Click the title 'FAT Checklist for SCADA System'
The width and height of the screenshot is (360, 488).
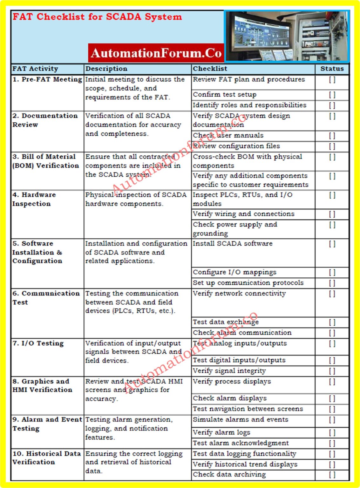tap(97, 17)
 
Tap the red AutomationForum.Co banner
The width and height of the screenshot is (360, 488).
tap(156, 53)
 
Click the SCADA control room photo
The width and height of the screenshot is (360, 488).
tap(287, 36)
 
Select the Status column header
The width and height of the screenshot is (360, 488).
tap(332, 69)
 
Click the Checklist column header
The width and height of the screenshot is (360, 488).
tap(210, 69)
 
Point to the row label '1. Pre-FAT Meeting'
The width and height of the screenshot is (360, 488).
tap(47, 79)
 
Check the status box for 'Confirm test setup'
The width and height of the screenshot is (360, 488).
tap(332, 95)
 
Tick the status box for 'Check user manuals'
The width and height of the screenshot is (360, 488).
tap(332, 136)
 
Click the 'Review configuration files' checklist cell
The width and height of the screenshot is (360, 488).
tap(236, 146)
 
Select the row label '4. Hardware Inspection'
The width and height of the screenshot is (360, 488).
tap(34, 199)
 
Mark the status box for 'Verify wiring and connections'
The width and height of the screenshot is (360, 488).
tap(332, 214)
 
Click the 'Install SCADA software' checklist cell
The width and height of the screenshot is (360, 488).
tap(233, 244)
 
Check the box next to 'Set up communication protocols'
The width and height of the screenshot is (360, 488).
tap(332, 283)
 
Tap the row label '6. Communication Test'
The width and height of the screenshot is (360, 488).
tap(46, 298)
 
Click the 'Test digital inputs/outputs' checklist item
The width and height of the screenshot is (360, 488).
tap(239, 360)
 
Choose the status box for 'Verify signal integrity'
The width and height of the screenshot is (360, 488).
tap(332, 371)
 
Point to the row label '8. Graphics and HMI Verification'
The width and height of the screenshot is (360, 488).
tap(42, 385)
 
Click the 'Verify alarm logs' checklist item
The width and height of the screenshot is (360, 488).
tap(221, 432)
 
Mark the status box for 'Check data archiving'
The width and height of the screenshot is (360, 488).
tap(332, 475)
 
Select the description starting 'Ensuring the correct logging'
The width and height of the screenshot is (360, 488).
tap(134, 462)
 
